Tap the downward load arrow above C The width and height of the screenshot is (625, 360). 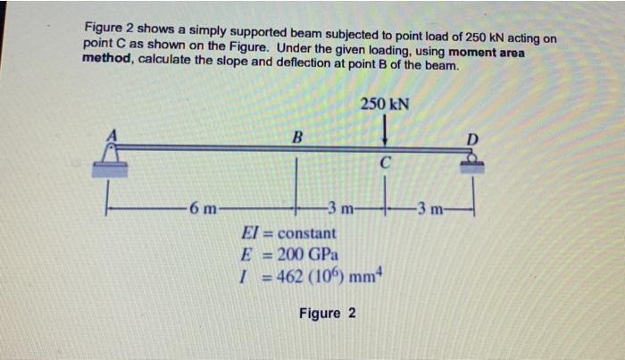(x=385, y=132)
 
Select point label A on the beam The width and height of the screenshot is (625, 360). (x=112, y=133)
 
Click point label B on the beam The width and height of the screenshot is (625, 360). (x=297, y=137)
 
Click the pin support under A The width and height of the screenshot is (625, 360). (x=112, y=157)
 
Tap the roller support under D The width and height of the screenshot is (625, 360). (x=472, y=161)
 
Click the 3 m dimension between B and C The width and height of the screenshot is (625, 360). (x=342, y=212)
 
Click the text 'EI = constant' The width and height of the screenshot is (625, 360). (x=289, y=234)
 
